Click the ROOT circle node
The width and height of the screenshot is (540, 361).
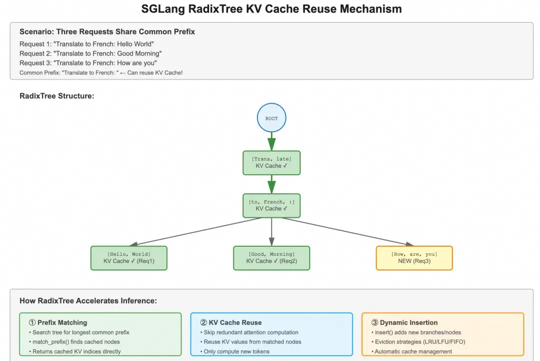(x=271, y=118)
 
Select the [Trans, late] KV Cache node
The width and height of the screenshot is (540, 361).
(x=271, y=163)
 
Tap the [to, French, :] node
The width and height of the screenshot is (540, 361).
(x=271, y=205)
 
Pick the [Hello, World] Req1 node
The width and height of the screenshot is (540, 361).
(x=128, y=258)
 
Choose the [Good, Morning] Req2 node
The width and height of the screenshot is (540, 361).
(x=271, y=258)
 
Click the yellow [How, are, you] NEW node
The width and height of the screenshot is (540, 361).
(x=414, y=258)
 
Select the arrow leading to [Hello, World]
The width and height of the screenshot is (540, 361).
(x=200, y=232)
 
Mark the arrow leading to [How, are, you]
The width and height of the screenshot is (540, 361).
(x=345, y=232)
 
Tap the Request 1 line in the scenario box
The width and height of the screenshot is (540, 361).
(x=86, y=44)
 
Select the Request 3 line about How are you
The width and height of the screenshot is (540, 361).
(x=88, y=63)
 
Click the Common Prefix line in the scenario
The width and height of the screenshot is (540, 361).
(x=101, y=73)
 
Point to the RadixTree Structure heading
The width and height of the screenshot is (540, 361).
(x=56, y=96)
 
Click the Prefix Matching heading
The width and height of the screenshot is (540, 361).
(x=58, y=322)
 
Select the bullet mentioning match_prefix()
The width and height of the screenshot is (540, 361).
(x=76, y=342)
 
